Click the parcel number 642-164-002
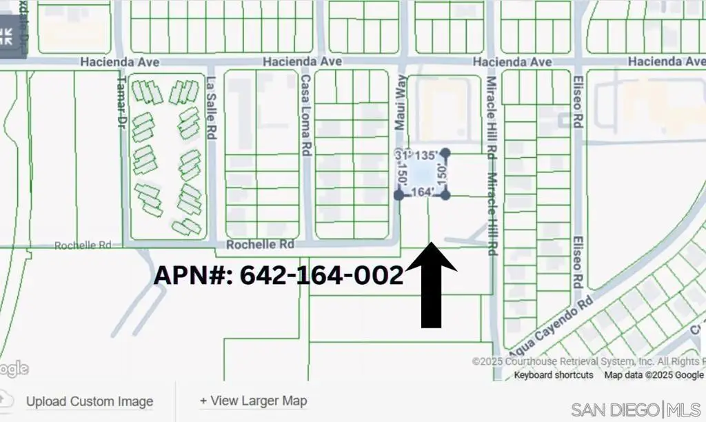click(x=278, y=274)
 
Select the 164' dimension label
click(x=421, y=192)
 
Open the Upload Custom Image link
click(x=90, y=401)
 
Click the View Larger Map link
click(x=253, y=401)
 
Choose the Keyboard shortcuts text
click(x=554, y=375)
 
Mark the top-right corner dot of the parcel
click(x=445, y=152)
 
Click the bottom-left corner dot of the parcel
click(x=399, y=195)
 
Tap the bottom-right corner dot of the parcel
click(x=445, y=195)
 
